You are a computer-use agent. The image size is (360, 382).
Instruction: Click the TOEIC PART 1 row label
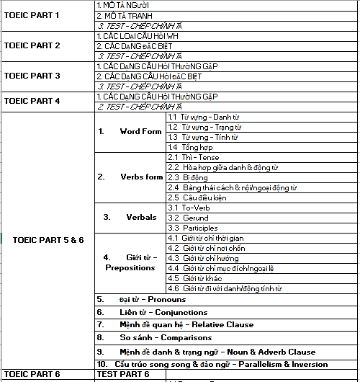pyautogui.click(x=32, y=14)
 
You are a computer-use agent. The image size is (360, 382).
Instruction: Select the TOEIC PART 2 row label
pyautogui.click(x=32, y=45)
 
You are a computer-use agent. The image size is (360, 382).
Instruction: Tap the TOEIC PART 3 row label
pyautogui.click(x=32, y=76)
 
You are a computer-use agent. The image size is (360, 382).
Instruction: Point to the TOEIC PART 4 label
pyautogui.click(x=32, y=101)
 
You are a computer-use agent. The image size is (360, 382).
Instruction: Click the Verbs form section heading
pyautogui.click(x=132, y=177)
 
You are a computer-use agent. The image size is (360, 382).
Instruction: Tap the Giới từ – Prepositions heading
pyautogui.click(x=130, y=262)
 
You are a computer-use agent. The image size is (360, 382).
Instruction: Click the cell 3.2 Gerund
pyautogui.click(x=188, y=218)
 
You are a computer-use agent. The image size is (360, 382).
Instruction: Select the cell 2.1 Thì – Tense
pyautogui.click(x=194, y=157)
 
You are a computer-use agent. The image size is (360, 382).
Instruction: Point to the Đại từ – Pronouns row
pyautogui.click(x=152, y=299)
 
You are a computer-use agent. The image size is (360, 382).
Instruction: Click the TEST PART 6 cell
pyautogui.click(x=123, y=375)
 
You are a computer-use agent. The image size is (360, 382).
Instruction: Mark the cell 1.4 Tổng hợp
pyautogui.click(x=190, y=146)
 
